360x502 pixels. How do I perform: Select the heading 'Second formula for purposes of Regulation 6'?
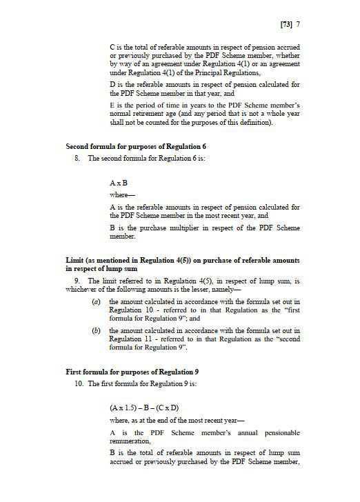(136, 147)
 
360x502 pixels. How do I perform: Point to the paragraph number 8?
(77, 159)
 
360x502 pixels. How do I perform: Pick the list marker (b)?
(97, 332)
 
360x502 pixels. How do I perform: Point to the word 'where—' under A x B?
(121, 196)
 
